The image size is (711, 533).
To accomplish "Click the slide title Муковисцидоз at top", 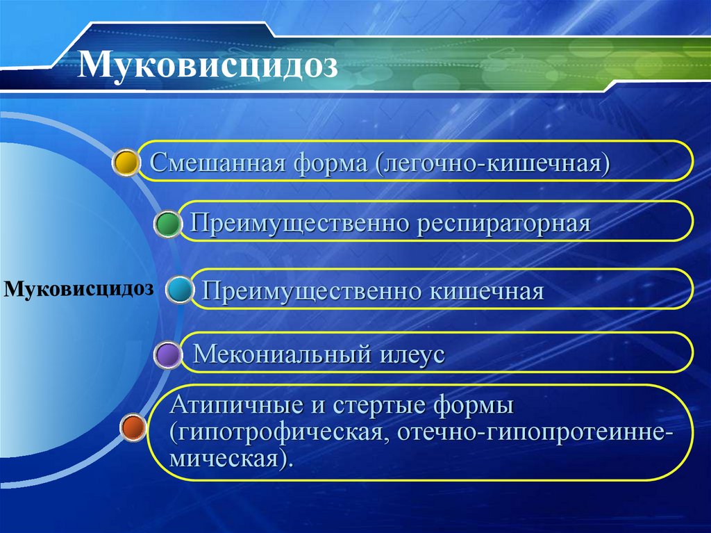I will click(x=208, y=67).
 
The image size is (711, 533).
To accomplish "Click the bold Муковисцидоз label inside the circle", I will click(x=78, y=288).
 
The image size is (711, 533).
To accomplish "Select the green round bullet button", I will click(x=168, y=224).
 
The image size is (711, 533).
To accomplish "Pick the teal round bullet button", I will click(x=180, y=290).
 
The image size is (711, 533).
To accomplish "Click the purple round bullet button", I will click(x=168, y=354).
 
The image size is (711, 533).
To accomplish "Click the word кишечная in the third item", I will click(x=486, y=290).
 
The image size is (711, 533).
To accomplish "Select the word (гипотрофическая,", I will click(x=279, y=432).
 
